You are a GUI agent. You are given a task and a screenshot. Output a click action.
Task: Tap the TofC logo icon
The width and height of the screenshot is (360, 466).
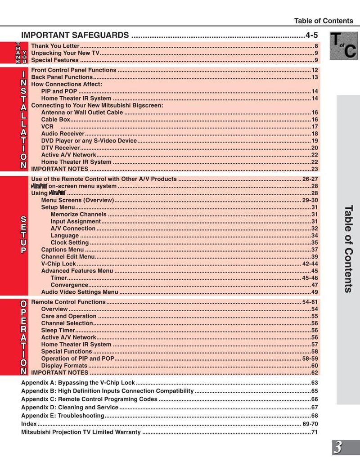pos(343,45)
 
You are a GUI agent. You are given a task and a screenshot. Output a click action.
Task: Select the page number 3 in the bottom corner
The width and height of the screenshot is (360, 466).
pos(338,448)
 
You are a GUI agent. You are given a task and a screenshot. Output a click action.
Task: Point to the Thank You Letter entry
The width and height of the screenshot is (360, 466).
pos(55,46)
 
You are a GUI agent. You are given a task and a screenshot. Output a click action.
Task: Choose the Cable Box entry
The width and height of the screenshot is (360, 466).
pos(55,120)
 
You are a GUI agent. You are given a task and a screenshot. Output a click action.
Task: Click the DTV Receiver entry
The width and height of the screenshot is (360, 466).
pos(60,148)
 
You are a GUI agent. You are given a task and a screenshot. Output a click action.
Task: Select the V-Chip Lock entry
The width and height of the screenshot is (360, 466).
pos(58,264)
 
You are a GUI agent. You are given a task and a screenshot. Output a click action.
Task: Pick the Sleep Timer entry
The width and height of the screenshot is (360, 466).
pos(58,330)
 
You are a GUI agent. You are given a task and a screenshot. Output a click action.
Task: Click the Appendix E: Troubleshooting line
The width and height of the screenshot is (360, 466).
pos(63,416)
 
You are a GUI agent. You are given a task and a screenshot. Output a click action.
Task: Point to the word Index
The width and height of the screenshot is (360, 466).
pos(29,424)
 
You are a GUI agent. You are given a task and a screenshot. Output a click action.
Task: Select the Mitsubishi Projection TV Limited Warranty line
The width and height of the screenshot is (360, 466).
pos(81,432)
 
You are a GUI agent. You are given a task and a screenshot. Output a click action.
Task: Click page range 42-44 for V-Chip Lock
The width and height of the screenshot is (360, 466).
pos(310,264)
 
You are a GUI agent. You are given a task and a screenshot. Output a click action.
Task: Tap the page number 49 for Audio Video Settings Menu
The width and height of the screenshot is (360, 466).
pos(315,292)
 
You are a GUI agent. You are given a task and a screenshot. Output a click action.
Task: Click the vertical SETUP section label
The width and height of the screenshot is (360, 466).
pos(22,234)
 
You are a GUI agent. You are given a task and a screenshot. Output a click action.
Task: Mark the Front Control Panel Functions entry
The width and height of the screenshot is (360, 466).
pos(73,70)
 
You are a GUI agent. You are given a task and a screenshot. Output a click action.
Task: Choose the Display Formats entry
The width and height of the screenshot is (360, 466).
pos(64,366)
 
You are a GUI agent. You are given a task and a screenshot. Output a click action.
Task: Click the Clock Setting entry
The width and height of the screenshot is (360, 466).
pos(69,242)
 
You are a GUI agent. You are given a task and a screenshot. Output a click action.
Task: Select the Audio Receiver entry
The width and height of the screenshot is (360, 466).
pos(63,134)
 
